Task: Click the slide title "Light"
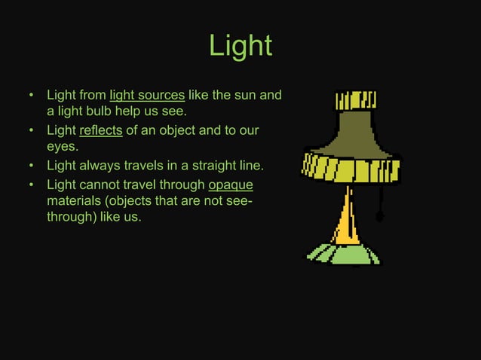coord(240,47)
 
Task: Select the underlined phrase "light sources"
coord(147,96)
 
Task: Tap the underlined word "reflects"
coord(101,131)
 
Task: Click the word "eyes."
coord(63,148)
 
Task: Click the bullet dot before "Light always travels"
coord(32,166)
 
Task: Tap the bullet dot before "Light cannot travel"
coord(32,185)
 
